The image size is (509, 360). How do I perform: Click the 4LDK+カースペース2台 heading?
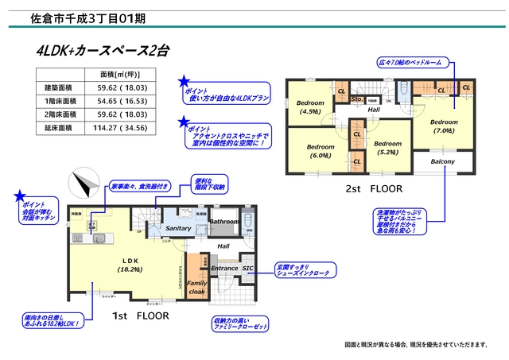point(103,51)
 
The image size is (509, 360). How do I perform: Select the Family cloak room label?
point(196,288)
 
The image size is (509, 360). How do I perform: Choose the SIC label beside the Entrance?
point(247,269)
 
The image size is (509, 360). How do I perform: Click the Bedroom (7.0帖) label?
point(443,126)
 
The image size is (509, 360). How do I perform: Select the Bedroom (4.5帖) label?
point(309,107)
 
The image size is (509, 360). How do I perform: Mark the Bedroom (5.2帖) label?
point(387,148)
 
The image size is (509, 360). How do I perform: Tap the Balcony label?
point(442,162)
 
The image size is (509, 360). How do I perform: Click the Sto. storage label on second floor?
point(357,99)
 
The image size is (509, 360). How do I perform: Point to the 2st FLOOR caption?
point(374,189)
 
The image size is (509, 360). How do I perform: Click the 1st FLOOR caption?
point(138,315)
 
